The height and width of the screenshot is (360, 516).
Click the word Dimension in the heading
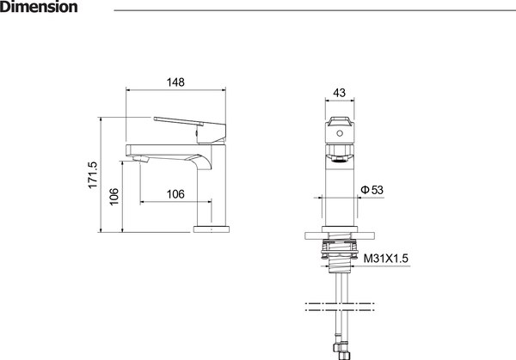click(x=39, y=7)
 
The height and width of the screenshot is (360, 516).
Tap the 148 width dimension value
click(x=175, y=82)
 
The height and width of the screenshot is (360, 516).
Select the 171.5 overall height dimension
click(x=93, y=175)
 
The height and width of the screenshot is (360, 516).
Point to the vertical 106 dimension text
click(x=114, y=197)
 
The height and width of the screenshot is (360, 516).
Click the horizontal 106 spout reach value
click(x=175, y=194)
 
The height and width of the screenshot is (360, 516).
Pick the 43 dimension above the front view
click(x=340, y=93)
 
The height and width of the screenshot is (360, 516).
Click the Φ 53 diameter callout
click(x=372, y=190)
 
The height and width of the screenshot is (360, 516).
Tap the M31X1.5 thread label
click(x=385, y=259)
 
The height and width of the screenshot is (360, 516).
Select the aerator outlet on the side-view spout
click(x=140, y=160)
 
